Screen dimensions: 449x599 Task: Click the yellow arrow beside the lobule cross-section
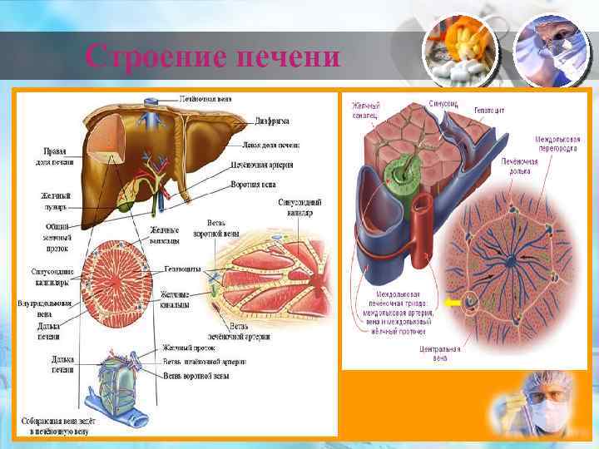[x=453, y=303]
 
